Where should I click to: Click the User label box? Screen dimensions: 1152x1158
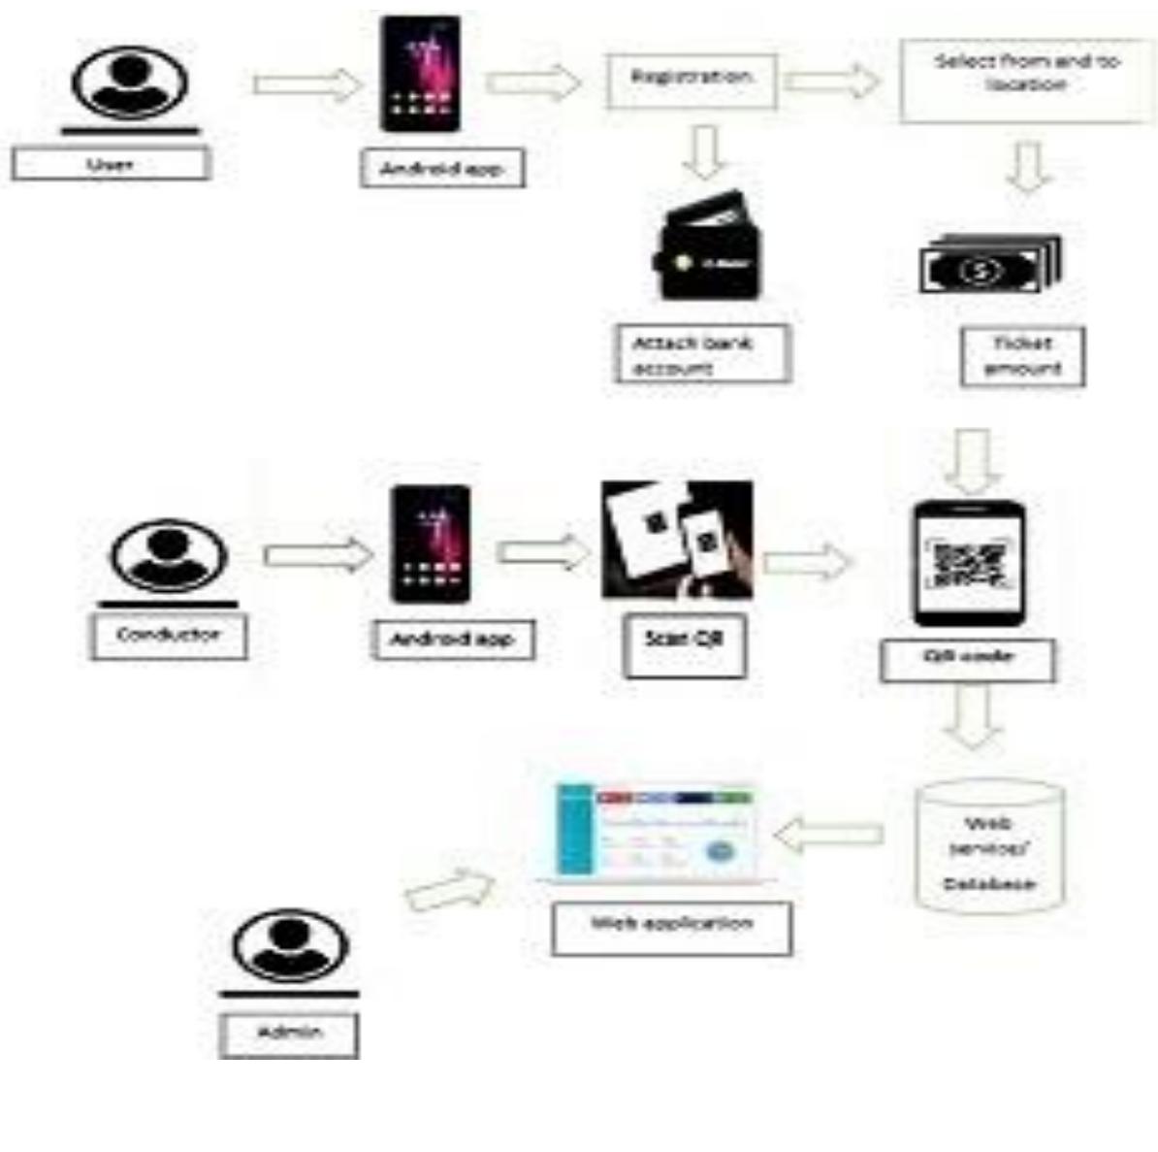(110, 164)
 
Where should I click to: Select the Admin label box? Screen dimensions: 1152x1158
(289, 1035)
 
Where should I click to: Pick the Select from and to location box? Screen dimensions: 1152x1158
(1027, 80)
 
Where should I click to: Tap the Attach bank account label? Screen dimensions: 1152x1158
(702, 354)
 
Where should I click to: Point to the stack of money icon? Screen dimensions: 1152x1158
(988, 266)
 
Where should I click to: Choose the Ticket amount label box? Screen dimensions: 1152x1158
(1022, 356)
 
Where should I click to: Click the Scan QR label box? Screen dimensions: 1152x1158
(684, 644)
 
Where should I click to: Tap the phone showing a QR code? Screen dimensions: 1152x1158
(969, 563)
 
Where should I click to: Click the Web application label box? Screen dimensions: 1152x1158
(671, 927)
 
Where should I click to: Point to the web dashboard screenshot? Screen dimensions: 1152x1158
(657, 833)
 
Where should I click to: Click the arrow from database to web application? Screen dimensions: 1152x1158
(829, 835)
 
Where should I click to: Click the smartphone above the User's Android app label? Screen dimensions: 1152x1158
(420, 74)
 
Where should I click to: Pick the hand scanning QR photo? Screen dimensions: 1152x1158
(676, 540)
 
